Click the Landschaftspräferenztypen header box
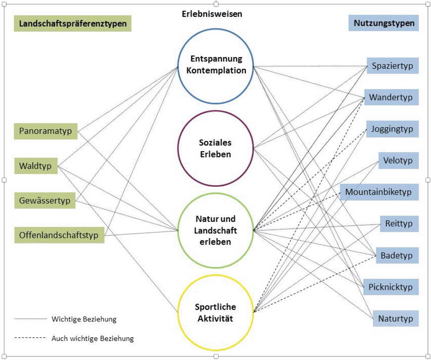pos(73,23)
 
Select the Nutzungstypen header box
pos(384,23)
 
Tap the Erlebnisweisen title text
pos(212,14)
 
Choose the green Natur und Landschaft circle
pos(215,231)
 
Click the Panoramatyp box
pos(46,131)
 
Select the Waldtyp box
pos(36,165)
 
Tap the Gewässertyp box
pos(45,201)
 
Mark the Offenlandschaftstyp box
pos(59,234)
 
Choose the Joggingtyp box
pos(392,129)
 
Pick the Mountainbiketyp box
pos(379,192)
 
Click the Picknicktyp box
pos(391,287)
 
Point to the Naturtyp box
pos(395,318)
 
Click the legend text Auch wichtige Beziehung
pos(93,339)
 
